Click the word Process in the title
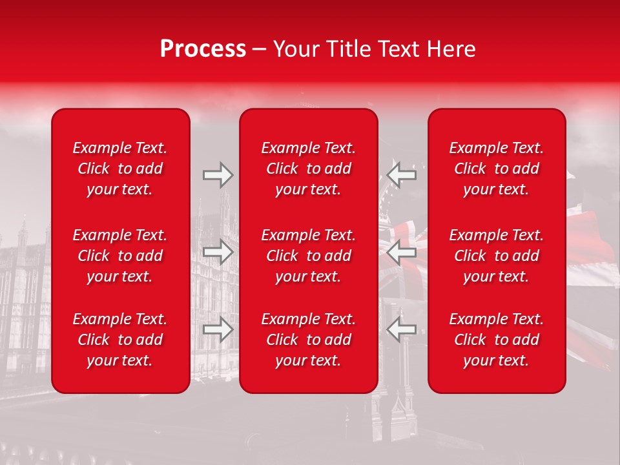203,49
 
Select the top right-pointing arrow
218,175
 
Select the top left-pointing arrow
401,175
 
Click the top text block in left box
120,169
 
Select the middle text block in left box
120,256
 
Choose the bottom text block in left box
120,340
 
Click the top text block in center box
308,169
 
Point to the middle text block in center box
308,256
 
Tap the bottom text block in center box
308,340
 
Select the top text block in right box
496,169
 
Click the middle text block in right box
496,256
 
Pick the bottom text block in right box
496,340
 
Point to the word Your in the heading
296,49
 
